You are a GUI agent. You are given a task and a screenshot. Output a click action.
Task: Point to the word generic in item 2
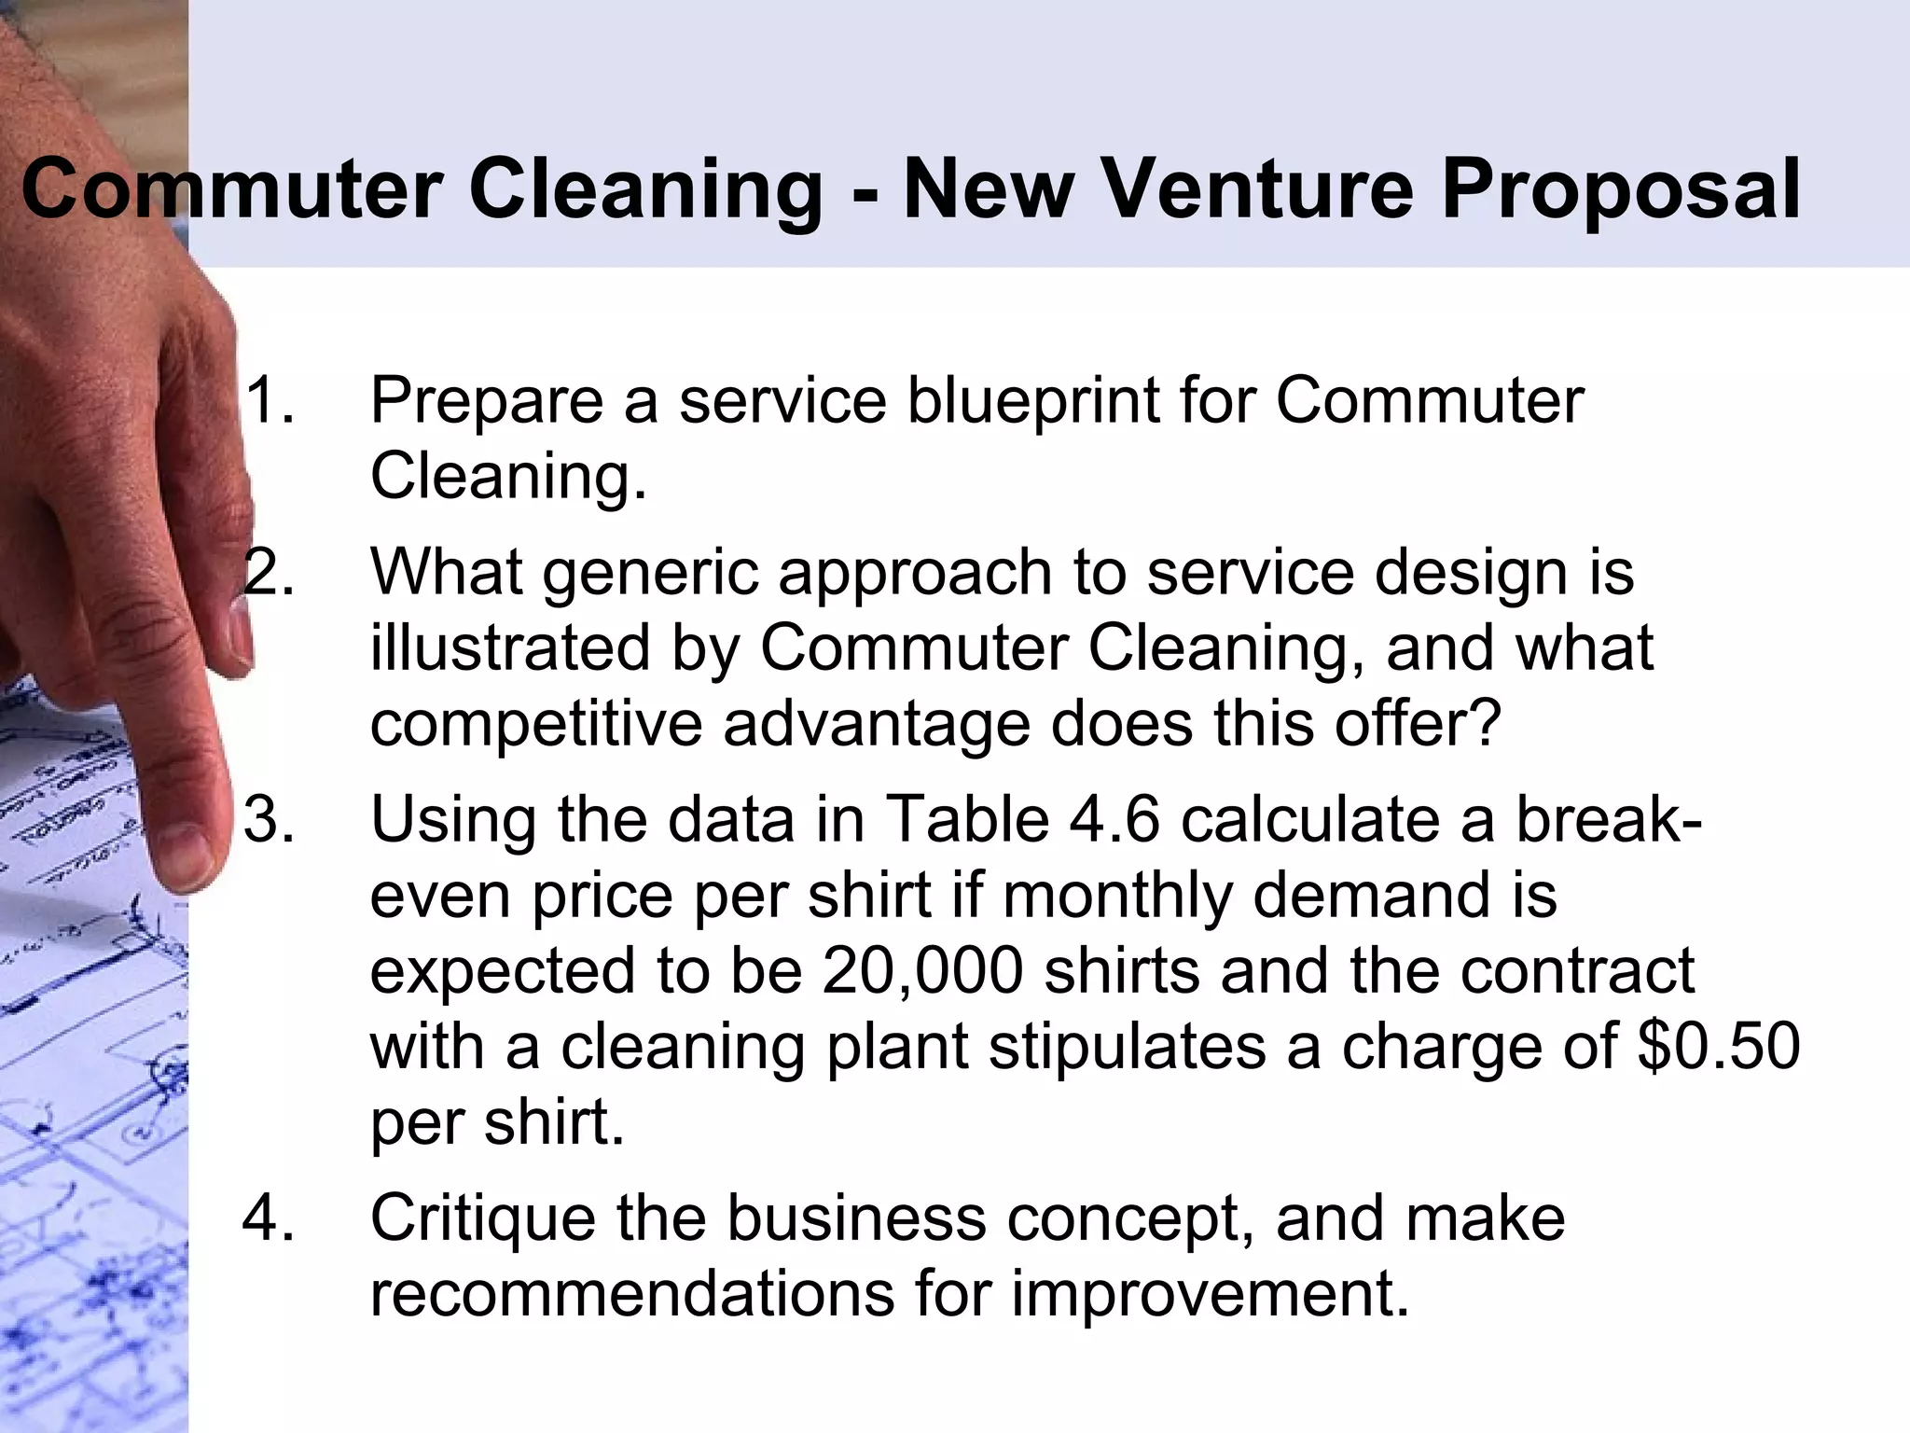click(x=649, y=574)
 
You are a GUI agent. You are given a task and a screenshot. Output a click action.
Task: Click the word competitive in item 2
click(x=535, y=725)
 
